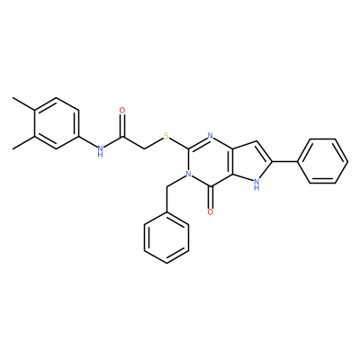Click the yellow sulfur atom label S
point(166,137)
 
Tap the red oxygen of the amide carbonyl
point(122,111)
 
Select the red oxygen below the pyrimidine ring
point(211,212)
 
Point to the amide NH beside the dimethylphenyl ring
point(100,151)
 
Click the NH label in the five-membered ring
point(256,184)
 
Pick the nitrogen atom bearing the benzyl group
point(188,174)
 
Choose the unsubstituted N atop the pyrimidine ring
point(211,136)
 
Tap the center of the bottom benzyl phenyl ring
point(166,238)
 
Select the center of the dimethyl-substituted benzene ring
point(57,123)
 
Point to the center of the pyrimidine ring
point(211,161)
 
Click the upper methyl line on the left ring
point(23,104)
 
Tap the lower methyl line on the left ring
point(23,142)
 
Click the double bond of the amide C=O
point(122,126)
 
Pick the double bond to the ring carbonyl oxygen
point(211,197)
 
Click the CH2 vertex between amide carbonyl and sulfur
point(144,148)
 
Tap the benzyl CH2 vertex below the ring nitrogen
point(166,187)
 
